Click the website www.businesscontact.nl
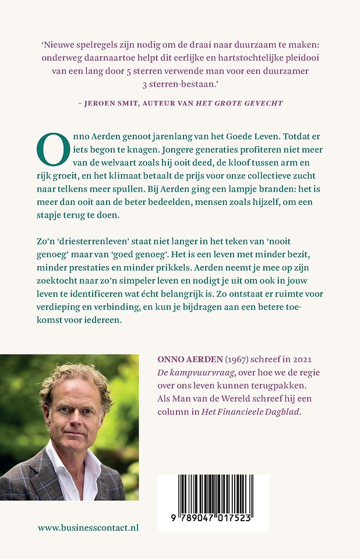pyautogui.click(x=88, y=528)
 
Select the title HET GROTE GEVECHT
pyautogui.click(x=246, y=103)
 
